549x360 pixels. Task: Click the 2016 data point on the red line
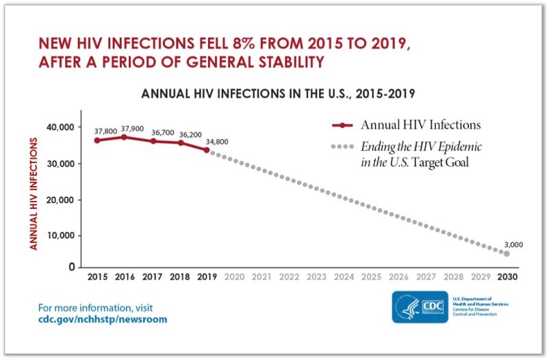(124, 137)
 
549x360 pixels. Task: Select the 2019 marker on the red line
(206, 150)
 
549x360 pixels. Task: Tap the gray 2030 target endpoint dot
(507, 253)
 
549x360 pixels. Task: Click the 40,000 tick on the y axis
(60, 127)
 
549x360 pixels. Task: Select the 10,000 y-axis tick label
(60, 235)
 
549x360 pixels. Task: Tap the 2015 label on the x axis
(97, 278)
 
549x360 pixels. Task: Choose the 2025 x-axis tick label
(370, 278)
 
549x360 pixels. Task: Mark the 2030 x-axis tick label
(507, 278)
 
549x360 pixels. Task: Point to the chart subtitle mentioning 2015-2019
(279, 93)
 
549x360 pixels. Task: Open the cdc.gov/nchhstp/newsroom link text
(103, 319)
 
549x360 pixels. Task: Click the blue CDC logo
(420, 307)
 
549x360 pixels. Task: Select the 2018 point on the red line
(179, 142)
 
